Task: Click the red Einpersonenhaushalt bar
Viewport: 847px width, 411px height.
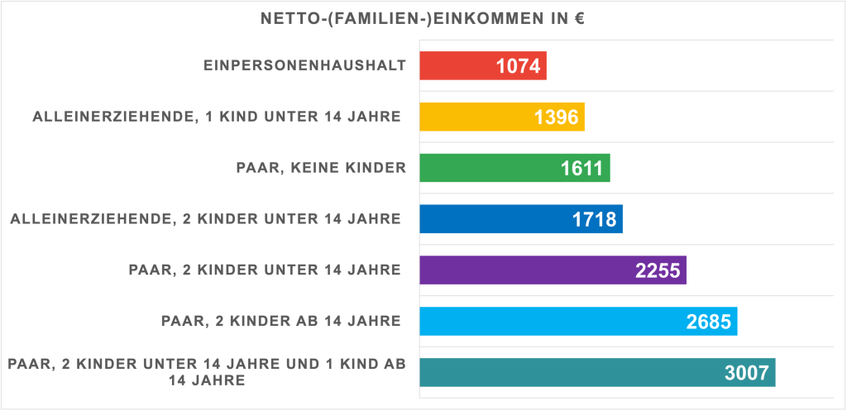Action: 483,66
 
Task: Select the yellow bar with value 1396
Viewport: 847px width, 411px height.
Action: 502,117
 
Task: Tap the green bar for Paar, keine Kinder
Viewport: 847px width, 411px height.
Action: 514,168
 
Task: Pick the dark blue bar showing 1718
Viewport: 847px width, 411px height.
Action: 521,219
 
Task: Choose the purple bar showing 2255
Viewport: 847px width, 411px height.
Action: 553,270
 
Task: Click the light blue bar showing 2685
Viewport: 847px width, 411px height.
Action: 578,322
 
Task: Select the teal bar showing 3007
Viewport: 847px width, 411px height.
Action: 597,372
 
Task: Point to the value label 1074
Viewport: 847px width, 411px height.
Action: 518,66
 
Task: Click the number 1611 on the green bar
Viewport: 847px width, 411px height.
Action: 581,169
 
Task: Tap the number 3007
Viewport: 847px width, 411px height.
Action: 747,373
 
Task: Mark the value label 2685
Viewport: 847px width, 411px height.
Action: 709,322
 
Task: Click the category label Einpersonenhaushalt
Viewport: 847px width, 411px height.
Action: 304,66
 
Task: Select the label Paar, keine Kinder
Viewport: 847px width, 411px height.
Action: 321,168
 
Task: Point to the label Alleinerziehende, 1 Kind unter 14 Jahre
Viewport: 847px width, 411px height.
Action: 217,117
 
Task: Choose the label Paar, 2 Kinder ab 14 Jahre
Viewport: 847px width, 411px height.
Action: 281,322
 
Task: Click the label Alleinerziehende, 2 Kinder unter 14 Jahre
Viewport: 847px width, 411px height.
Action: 206,219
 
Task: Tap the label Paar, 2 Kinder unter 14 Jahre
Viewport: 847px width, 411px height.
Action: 265,270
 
